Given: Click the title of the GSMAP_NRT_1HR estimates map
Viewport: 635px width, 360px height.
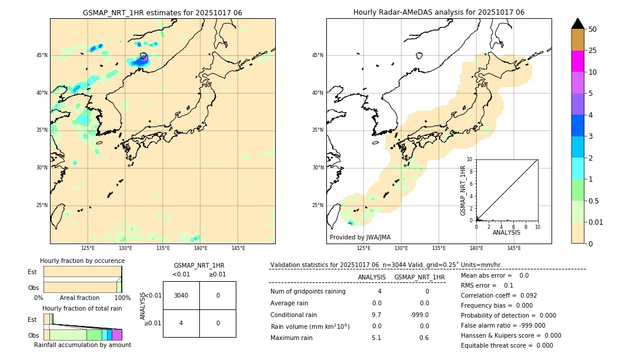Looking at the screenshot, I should tap(162, 12).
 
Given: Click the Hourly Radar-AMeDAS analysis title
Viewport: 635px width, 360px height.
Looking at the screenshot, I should tap(439, 12).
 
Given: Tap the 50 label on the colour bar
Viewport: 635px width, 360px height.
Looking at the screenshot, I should tap(593, 29).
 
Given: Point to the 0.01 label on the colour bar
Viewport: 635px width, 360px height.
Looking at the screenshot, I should tap(596, 222).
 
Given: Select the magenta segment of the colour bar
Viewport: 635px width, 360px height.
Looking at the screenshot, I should tap(577, 61).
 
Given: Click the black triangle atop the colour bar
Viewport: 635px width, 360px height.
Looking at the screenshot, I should tap(577, 24).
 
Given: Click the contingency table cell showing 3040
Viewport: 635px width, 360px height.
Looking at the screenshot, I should tap(181, 295).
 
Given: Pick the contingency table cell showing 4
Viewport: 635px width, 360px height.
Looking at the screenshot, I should tap(181, 322).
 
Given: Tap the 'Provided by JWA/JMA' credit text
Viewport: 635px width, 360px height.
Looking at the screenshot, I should tap(360, 237).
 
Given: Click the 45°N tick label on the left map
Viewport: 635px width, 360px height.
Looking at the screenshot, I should tap(42, 55).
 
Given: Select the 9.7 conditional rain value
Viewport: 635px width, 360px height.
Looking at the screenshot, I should tap(376, 315).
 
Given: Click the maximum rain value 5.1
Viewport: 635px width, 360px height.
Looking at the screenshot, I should tap(376, 338).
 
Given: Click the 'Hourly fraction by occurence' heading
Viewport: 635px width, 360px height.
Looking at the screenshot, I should tap(81, 261).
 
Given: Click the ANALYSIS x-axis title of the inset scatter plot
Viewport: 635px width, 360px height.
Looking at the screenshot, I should tap(506, 232).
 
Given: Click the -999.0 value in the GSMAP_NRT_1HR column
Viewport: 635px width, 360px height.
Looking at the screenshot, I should tap(419, 315).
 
